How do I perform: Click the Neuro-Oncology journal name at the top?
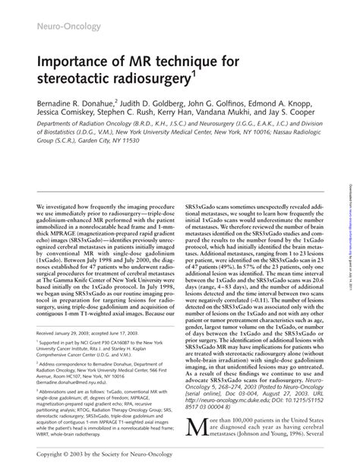click(59, 28)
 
